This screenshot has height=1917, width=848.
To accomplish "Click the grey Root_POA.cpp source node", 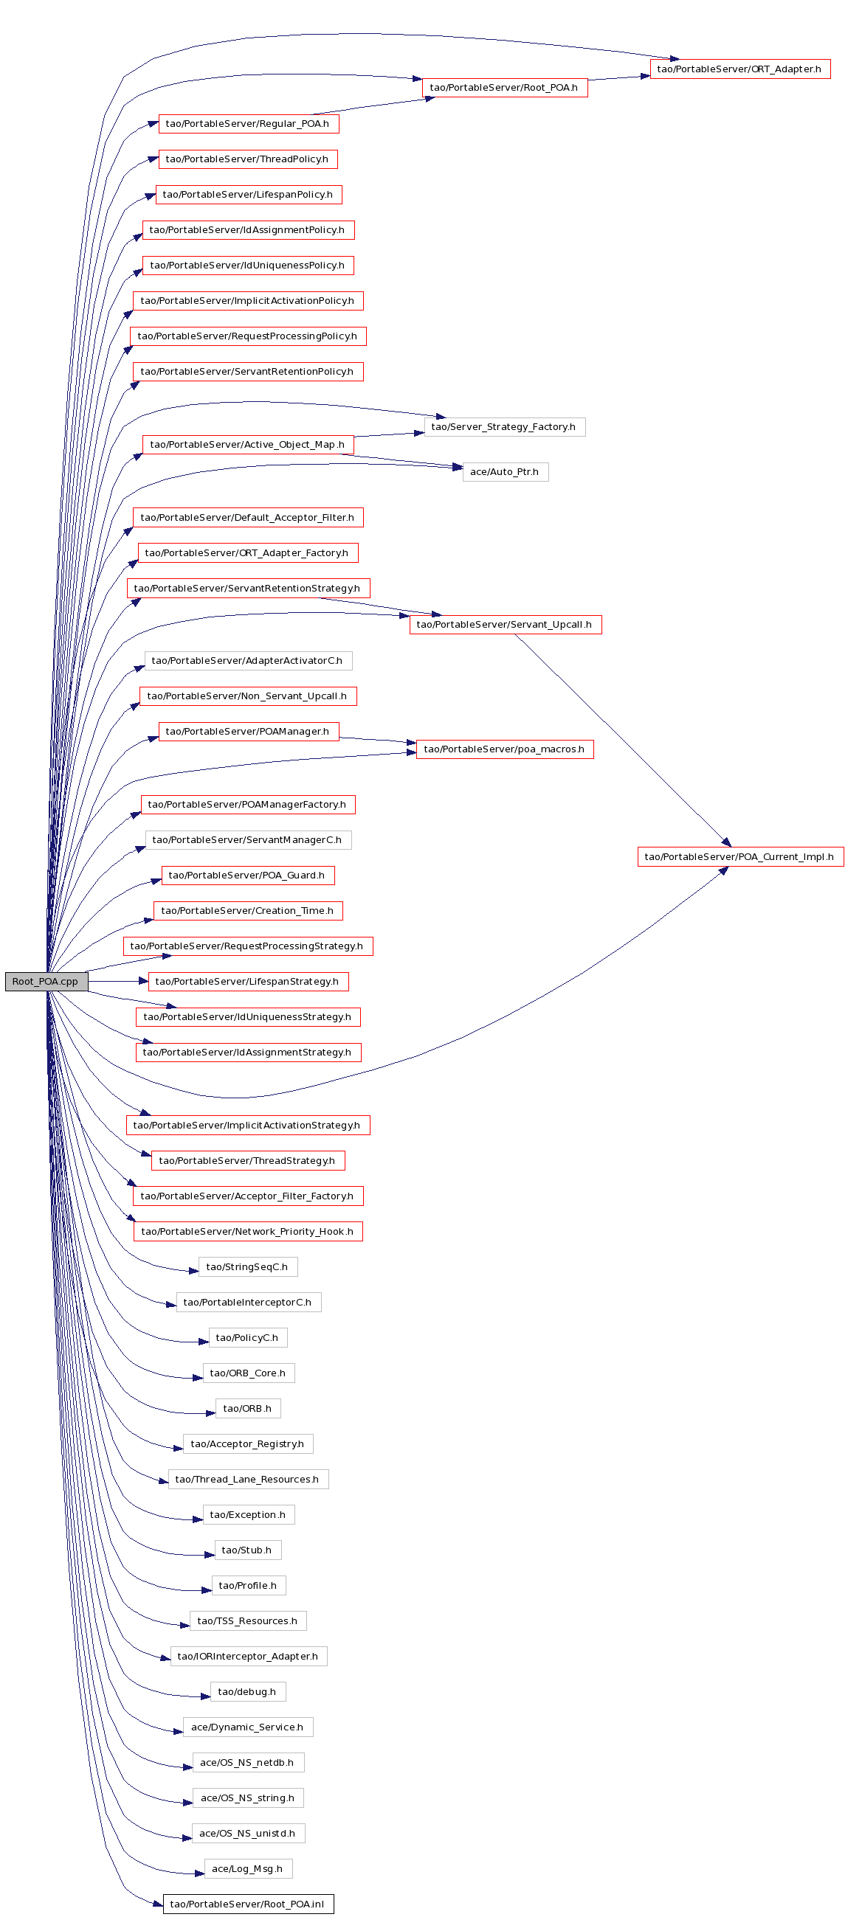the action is pyautogui.click(x=46, y=982).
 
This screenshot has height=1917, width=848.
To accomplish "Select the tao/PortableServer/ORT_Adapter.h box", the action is pyautogui.click(x=740, y=69).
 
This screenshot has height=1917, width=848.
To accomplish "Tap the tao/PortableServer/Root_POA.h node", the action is pyautogui.click(x=504, y=88).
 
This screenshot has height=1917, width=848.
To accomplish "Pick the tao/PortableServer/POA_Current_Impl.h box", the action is pyautogui.click(x=740, y=856).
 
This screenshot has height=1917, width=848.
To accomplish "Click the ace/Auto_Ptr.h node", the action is pyautogui.click(x=506, y=472).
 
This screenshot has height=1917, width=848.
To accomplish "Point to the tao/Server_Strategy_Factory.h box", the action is pyautogui.click(x=504, y=427).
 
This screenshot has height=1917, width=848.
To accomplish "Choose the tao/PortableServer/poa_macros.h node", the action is pyautogui.click(x=505, y=749).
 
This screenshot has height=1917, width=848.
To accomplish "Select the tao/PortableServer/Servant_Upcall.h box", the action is pyautogui.click(x=505, y=624).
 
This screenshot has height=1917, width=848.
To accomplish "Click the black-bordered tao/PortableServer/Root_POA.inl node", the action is pyautogui.click(x=248, y=1904).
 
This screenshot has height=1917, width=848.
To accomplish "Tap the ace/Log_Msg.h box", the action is pyautogui.click(x=248, y=1868).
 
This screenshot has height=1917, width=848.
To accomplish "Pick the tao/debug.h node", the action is pyautogui.click(x=248, y=1691).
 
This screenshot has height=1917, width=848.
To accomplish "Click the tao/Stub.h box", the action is pyautogui.click(x=248, y=1550).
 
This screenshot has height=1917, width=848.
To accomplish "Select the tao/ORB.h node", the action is pyautogui.click(x=248, y=1409).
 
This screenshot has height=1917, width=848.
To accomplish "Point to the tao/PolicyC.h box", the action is pyautogui.click(x=248, y=1338).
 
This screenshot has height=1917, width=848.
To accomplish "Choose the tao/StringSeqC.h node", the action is pyautogui.click(x=248, y=1267).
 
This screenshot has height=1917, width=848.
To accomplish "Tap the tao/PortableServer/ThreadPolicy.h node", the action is pyautogui.click(x=248, y=159).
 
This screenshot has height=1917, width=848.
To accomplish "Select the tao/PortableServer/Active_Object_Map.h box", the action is pyautogui.click(x=248, y=445).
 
